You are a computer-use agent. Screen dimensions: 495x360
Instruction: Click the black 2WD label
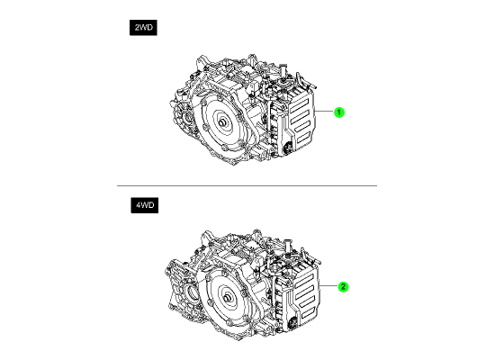(143, 28)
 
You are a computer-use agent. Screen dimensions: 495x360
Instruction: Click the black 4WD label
(145, 205)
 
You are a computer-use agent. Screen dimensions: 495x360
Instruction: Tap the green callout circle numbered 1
(339, 112)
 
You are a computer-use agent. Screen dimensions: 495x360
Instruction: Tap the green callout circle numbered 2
(343, 287)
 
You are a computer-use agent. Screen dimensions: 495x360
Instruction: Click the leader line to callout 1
(324, 112)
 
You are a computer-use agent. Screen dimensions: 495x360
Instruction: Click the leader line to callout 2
(328, 286)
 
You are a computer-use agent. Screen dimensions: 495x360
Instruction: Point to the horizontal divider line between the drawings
(247, 185)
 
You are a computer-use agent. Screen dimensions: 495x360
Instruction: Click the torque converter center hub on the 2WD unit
(222, 122)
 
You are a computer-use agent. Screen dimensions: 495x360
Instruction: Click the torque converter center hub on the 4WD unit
(228, 299)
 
